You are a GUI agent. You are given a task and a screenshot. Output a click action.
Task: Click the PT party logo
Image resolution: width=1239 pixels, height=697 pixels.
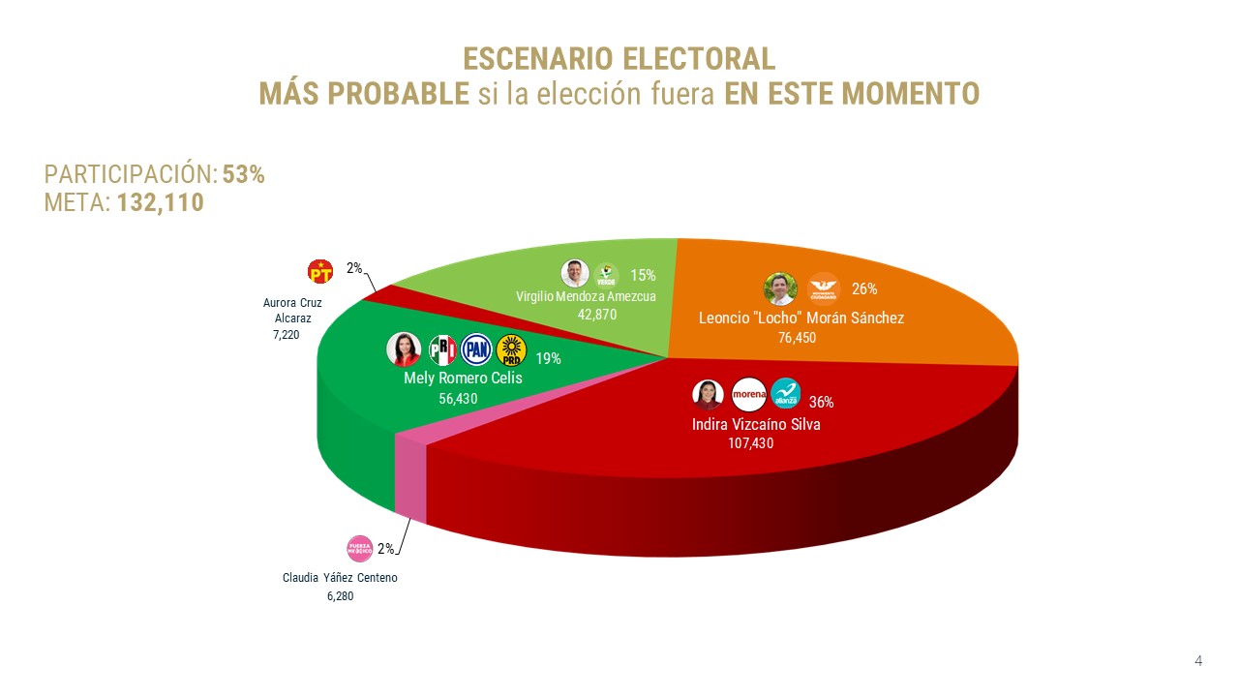(320, 272)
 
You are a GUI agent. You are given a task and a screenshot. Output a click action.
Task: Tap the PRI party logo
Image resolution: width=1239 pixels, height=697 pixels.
(441, 349)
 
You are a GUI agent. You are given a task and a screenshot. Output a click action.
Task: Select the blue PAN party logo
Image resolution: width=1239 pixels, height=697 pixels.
(476, 349)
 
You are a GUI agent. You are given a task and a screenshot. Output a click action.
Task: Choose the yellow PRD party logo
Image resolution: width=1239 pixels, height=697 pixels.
(510, 349)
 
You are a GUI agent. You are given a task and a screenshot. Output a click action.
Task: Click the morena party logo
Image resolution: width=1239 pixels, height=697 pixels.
(749, 394)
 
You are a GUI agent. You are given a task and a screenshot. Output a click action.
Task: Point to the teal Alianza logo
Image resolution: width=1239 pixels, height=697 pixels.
(786, 394)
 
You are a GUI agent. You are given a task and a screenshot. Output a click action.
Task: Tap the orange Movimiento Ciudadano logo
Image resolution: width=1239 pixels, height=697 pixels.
(823, 288)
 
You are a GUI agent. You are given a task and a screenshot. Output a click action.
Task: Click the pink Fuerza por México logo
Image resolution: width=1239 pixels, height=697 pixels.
(360, 549)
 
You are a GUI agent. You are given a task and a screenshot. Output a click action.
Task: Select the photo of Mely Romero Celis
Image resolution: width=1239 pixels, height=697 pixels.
(404, 349)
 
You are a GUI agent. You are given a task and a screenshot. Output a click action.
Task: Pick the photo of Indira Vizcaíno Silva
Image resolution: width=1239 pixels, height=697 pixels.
(709, 394)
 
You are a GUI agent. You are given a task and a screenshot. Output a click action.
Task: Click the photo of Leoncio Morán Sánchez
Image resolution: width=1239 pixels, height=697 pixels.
(780, 288)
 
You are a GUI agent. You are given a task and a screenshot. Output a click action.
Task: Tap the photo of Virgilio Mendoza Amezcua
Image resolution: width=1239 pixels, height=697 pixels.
(576, 274)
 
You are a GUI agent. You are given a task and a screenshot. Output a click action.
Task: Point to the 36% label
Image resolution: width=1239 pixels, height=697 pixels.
(821, 402)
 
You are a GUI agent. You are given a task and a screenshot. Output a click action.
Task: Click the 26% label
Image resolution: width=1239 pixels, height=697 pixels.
(864, 288)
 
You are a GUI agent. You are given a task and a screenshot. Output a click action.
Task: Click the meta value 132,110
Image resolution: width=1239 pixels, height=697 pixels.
(161, 202)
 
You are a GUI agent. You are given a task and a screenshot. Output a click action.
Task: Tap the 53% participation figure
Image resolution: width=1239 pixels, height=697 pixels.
(244, 174)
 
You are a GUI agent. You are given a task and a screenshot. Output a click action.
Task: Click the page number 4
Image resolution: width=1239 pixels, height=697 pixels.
(1198, 661)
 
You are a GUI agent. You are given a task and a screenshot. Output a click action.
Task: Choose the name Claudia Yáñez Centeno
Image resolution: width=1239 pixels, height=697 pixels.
(340, 578)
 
